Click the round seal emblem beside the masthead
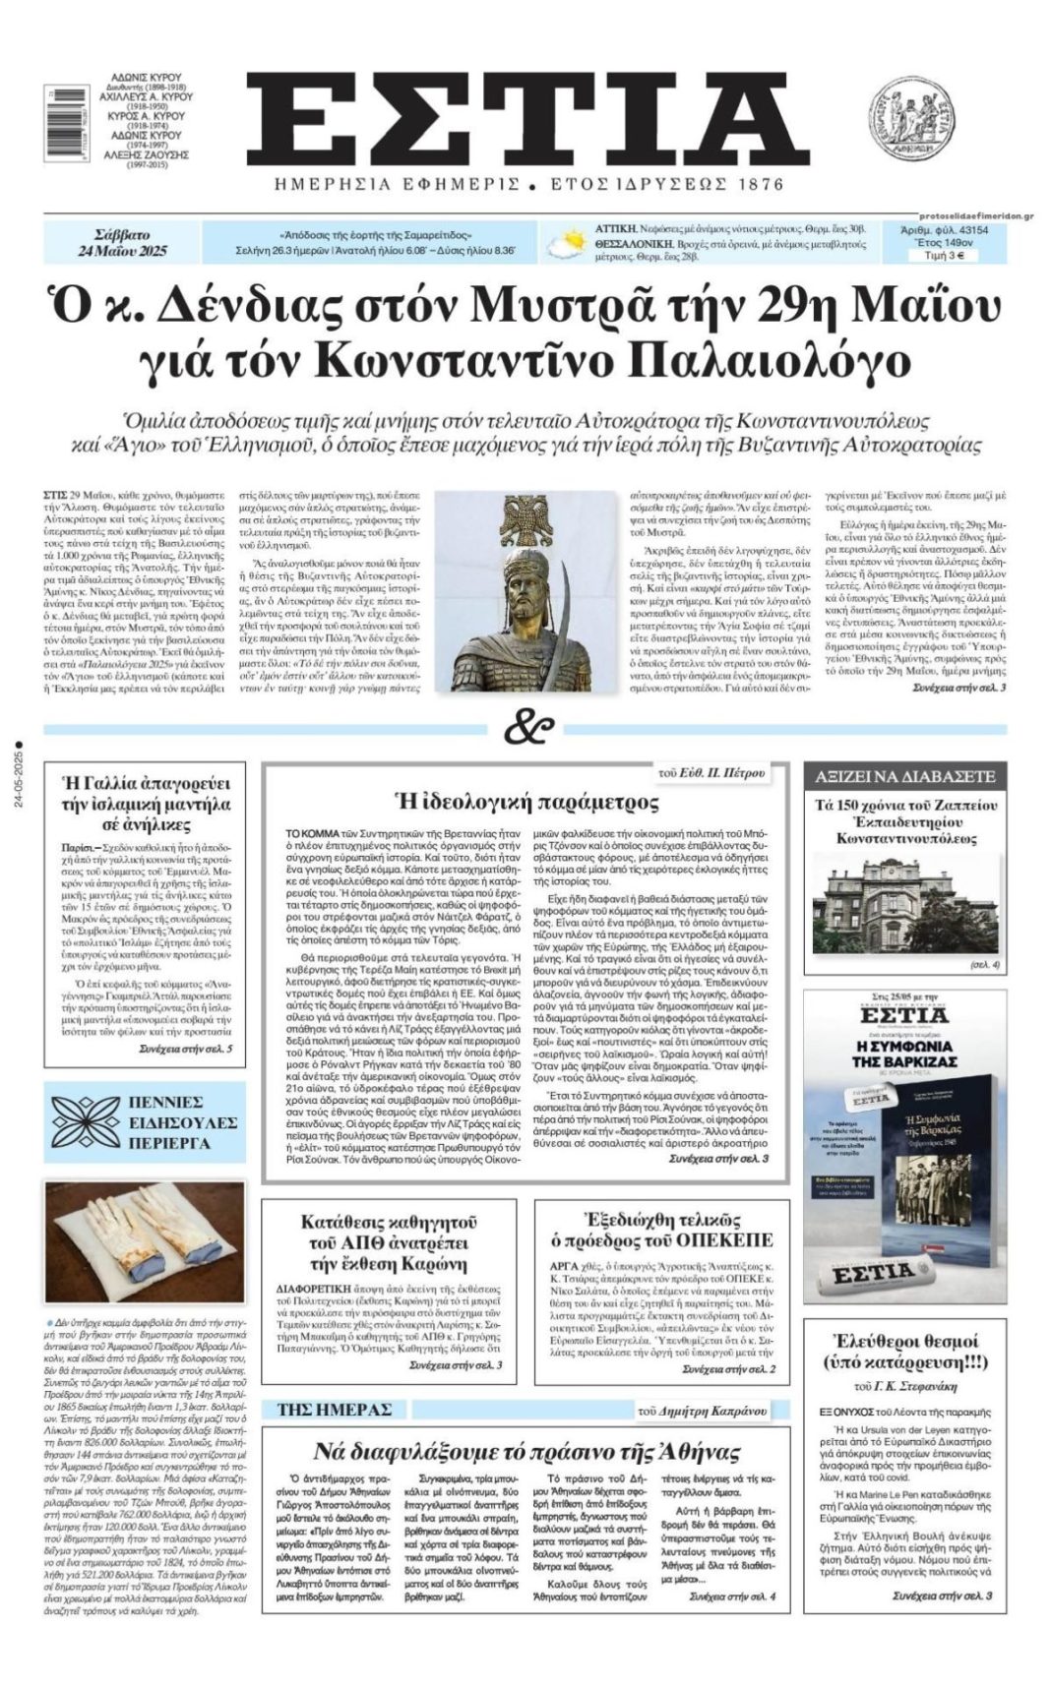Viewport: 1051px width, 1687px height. (x=909, y=119)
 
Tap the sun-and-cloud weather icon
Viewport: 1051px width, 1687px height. (x=568, y=242)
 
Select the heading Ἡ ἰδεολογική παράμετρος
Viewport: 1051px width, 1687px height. (x=525, y=802)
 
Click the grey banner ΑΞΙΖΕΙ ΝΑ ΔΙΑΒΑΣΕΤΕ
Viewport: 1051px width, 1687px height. (x=904, y=776)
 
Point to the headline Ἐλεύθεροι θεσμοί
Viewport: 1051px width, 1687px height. (x=904, y=1351)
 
